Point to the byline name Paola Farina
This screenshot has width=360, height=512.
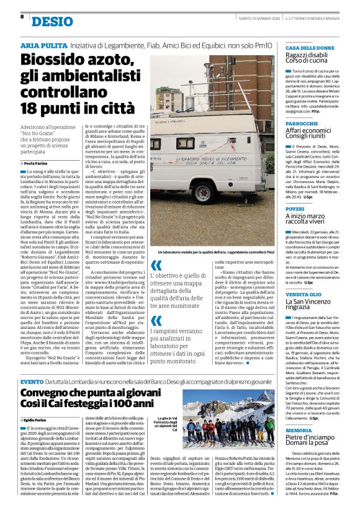pyautogui.click(x=38, y=163)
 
